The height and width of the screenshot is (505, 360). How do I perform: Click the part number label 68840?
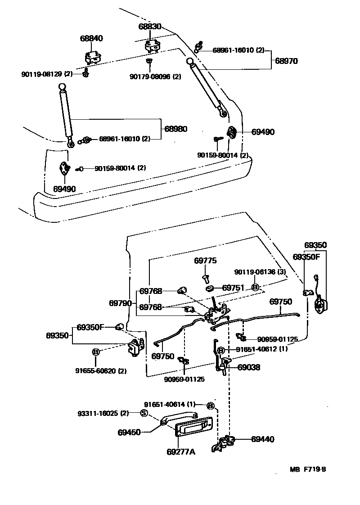pyautogui.click(x=91, y=39)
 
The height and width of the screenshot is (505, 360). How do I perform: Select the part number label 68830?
pyautogui.click(x=150, y=27)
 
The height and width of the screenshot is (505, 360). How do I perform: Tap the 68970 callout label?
pyautogui.click(x=287, y=60)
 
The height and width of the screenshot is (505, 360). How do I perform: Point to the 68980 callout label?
pyautogui.click(x=175, y=129)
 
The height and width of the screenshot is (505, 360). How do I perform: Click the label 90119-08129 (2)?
pyautogui.click(x=47, y=74)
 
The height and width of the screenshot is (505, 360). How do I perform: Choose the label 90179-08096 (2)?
pyautogui.click(x=155, y=77)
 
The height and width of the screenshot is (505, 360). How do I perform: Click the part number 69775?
pyautogui.click(x=206, y=261)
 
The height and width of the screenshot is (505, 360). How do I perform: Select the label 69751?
pyautogui.click(x=233, y=288)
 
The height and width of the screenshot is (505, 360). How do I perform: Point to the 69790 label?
pyautogui.click(x=120, y=303)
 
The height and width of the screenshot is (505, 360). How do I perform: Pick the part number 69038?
pyautogui.click(x=249, y=367)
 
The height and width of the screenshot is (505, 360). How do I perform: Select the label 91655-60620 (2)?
pyautogui.click(x=101, y=371)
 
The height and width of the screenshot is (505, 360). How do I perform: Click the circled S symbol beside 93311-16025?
pyautogui.click(x=144, y=413)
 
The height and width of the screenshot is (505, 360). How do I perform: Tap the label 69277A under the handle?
pyautogui.click(x=181, y=451)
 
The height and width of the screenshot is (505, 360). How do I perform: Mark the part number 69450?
pyautogui.click(x=129, y=432)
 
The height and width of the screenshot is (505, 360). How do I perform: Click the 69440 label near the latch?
pyautogui.click(x=262, y=439)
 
